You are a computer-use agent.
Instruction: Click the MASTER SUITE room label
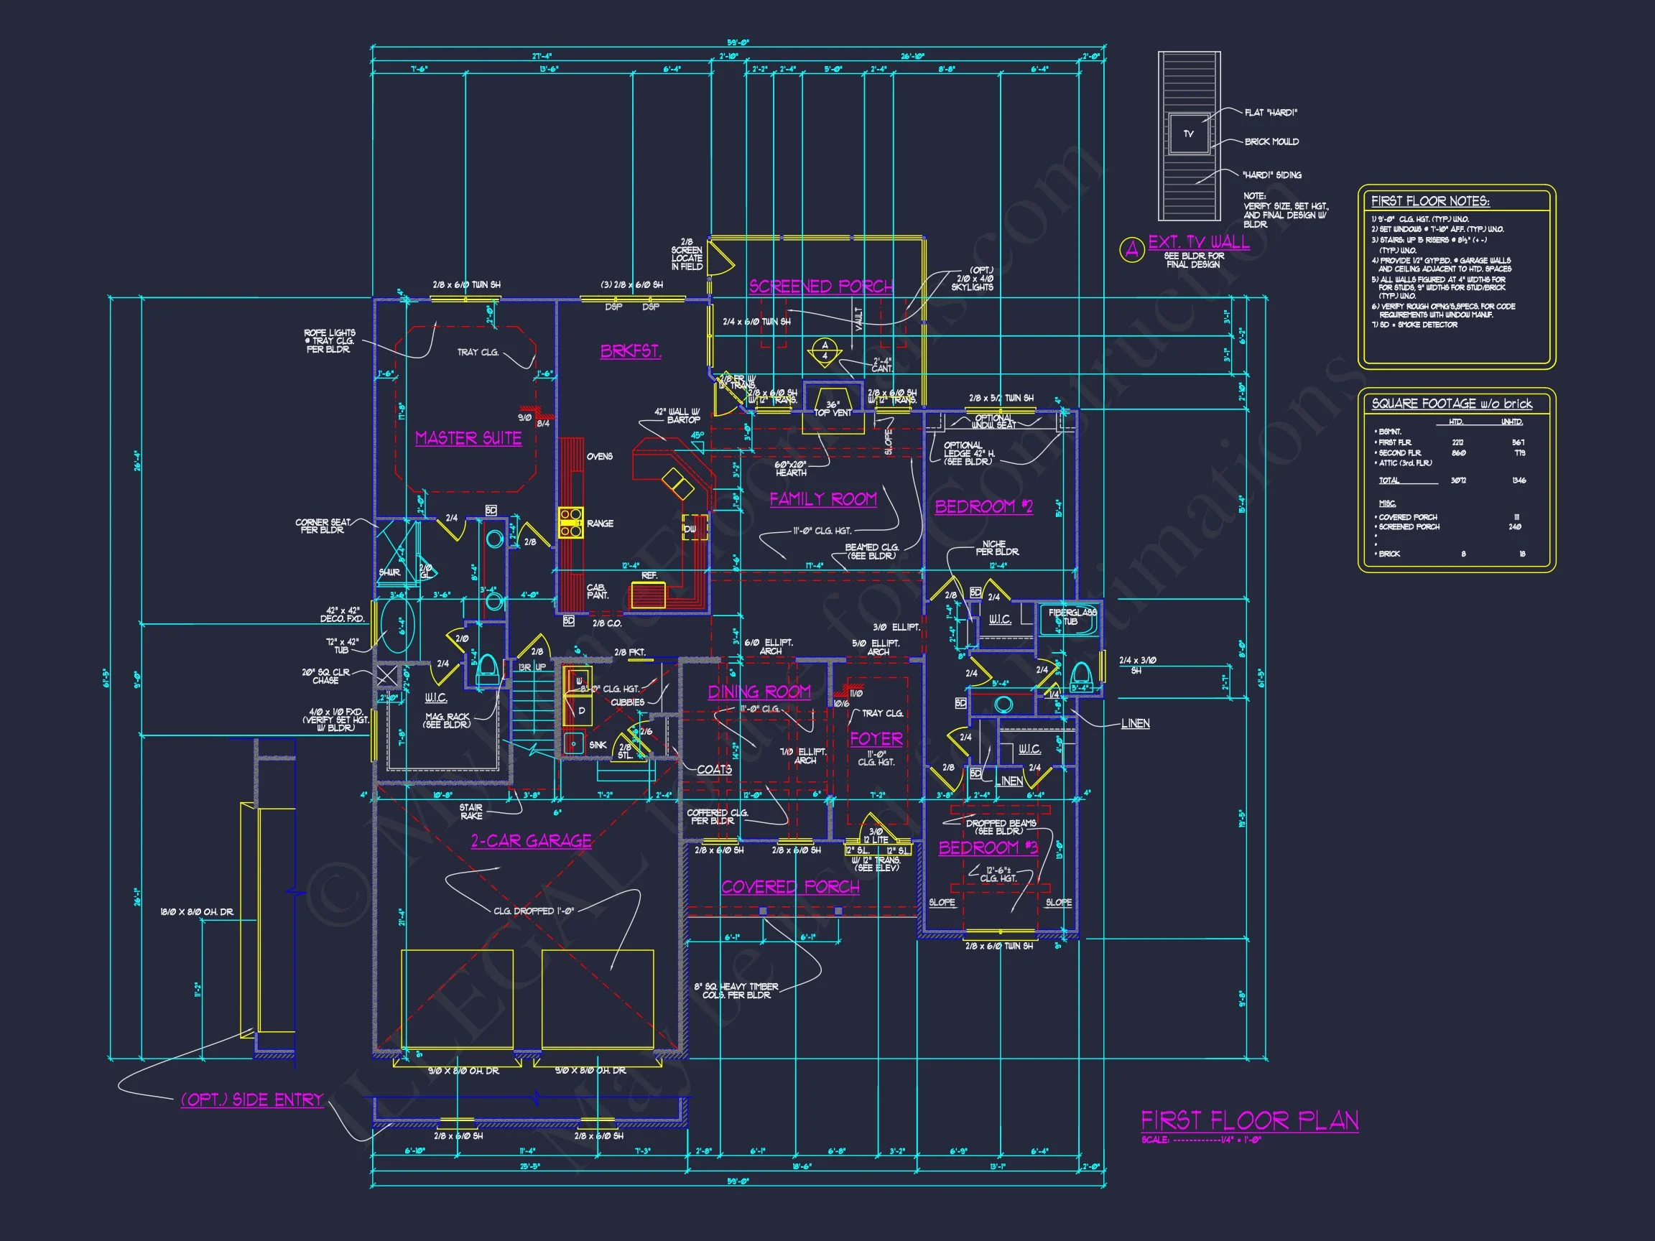click(x=468, y=438)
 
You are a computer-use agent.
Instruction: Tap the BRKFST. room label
click(x=631, y=351)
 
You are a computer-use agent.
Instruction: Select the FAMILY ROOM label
click(x=823, y=499)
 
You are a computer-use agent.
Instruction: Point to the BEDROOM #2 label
click(x=983, y=506)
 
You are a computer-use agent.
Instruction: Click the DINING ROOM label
click(x=759, y=692)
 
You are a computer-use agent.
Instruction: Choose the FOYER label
click(x=876, y=739)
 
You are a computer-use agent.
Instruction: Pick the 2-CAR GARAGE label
click(x=532, y=841)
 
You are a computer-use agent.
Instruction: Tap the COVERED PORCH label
click(x=790, y=887)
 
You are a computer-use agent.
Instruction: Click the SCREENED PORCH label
click(x=821, y=287)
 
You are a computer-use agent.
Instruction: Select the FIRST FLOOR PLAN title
click(x=1249, y=1120)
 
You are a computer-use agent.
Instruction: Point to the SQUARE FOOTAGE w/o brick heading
click(x=1452, y=404)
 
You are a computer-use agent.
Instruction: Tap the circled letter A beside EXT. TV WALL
click(x=1131, y=250)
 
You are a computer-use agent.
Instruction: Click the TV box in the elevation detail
click(x=1188, y=134)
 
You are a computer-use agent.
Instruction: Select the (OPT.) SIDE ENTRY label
click(x=251, y=1100)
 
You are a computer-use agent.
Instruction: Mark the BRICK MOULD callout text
click(x=1271, y=141)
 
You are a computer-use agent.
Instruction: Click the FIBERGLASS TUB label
click(x=1072, y=617)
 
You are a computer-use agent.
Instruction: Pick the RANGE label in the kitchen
click(x=600, y=524)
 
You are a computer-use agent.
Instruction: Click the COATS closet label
click(x=714, y=770)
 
